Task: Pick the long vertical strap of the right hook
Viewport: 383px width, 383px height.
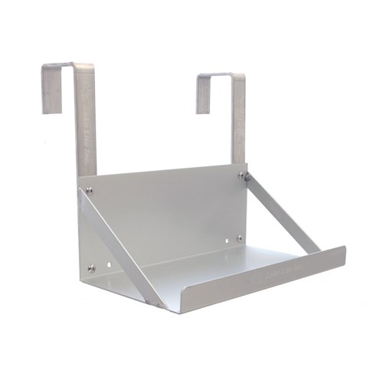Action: [x=238, y=123]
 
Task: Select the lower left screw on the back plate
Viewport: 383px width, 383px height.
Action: [x=92, y=268]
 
